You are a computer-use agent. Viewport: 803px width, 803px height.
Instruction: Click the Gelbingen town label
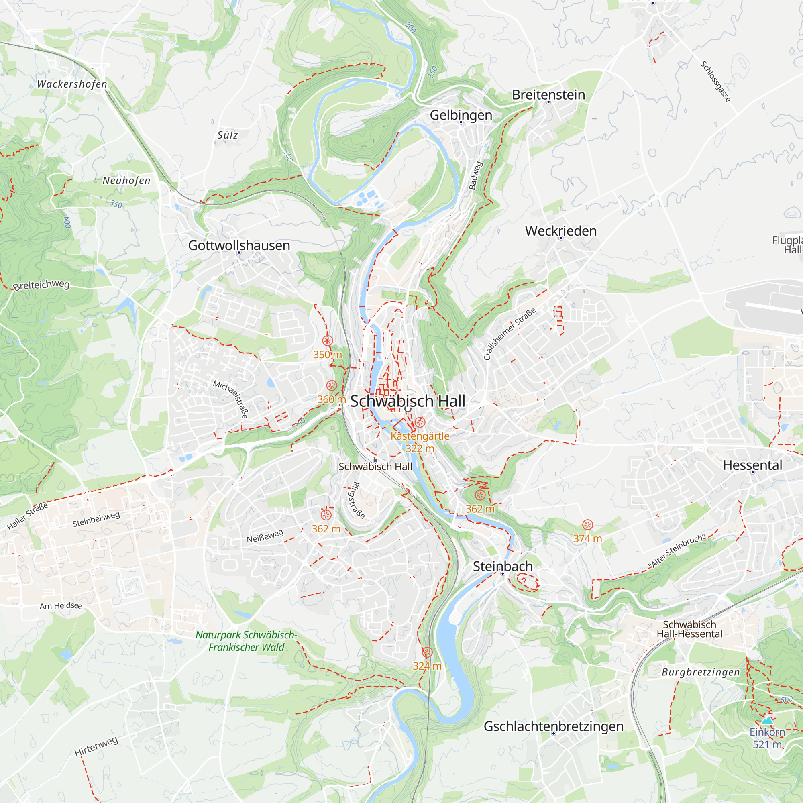461,115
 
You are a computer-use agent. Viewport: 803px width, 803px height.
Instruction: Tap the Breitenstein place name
548,95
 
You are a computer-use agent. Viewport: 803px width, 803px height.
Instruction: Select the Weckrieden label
560,231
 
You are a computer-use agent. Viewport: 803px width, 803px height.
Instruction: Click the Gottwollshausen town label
239,245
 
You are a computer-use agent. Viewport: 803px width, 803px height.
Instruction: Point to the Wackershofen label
72,84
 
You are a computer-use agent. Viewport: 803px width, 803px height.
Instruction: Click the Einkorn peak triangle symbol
767,720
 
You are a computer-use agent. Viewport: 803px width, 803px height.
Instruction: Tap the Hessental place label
752,465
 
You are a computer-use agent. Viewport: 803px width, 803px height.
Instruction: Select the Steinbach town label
503,566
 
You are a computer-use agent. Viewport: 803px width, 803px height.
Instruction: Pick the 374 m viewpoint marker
587,524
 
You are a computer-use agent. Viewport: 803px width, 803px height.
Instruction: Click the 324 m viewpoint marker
427,652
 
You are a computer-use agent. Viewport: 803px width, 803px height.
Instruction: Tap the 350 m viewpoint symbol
328,341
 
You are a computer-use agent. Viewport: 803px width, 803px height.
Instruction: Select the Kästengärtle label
420,436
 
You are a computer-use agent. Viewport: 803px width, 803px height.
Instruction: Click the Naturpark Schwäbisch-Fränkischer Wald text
246,641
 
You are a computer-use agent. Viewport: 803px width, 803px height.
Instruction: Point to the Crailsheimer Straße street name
509,334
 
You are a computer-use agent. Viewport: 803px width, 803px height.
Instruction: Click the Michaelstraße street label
231,399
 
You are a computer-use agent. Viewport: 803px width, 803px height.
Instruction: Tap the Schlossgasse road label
715,82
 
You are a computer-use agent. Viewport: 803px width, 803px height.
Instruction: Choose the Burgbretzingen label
701,672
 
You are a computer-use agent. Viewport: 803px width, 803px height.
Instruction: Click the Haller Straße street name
27,516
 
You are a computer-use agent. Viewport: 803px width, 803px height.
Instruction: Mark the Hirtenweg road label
96,746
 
